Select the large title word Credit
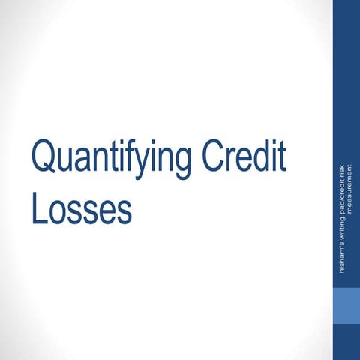click(244, 157)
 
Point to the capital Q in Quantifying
click(42, 157)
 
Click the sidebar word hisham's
click(343, 256)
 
